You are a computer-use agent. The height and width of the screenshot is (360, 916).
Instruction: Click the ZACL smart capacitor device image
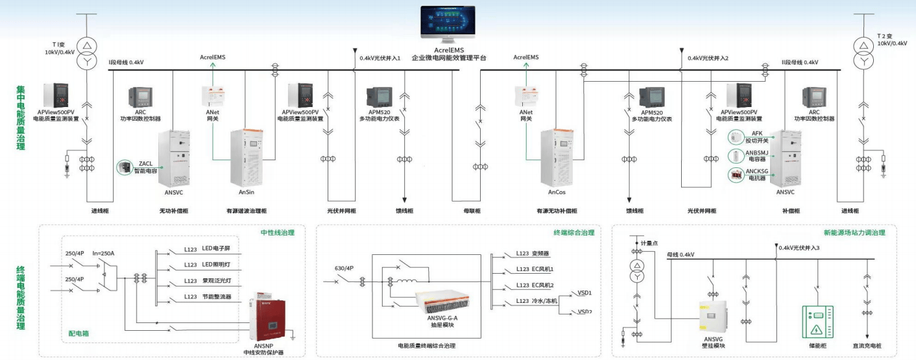coord(123,167)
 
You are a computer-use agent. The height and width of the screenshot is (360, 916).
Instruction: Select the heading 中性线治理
coord(276,232)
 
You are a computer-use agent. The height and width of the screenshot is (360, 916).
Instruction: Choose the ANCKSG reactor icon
coord(735,174)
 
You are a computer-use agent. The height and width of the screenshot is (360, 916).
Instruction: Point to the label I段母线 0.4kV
coord(125,62)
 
